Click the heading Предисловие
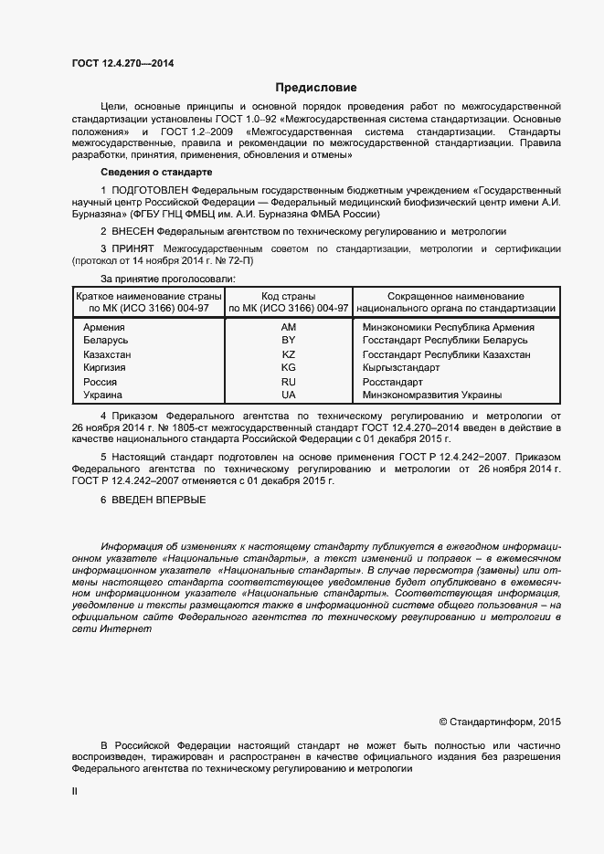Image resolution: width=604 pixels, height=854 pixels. coord(316,88)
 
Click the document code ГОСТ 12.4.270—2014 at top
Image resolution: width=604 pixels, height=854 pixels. coord(122,64)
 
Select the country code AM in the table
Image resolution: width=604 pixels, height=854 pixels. coord(289,327)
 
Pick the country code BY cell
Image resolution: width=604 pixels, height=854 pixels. coord(289,341)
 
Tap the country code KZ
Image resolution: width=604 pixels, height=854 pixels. coord(289,354)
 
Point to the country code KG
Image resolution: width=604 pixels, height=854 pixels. coord(289,368)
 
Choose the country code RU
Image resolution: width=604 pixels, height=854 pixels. coord(289,382)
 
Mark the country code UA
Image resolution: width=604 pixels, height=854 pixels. coord(289,395)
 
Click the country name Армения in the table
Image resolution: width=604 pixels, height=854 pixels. coord(104,327)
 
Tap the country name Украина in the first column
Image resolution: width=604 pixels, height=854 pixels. coord(104,395)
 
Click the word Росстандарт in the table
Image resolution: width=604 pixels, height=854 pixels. coord(393,382)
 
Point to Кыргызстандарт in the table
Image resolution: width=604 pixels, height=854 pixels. coord(401,368)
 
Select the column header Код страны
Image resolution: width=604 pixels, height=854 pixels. coord(289,297)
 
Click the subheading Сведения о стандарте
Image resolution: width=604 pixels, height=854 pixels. coord(155,172)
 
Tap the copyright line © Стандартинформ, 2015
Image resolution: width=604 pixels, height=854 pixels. coord(500,722)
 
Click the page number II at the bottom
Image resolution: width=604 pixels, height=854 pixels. coord(75,793)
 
